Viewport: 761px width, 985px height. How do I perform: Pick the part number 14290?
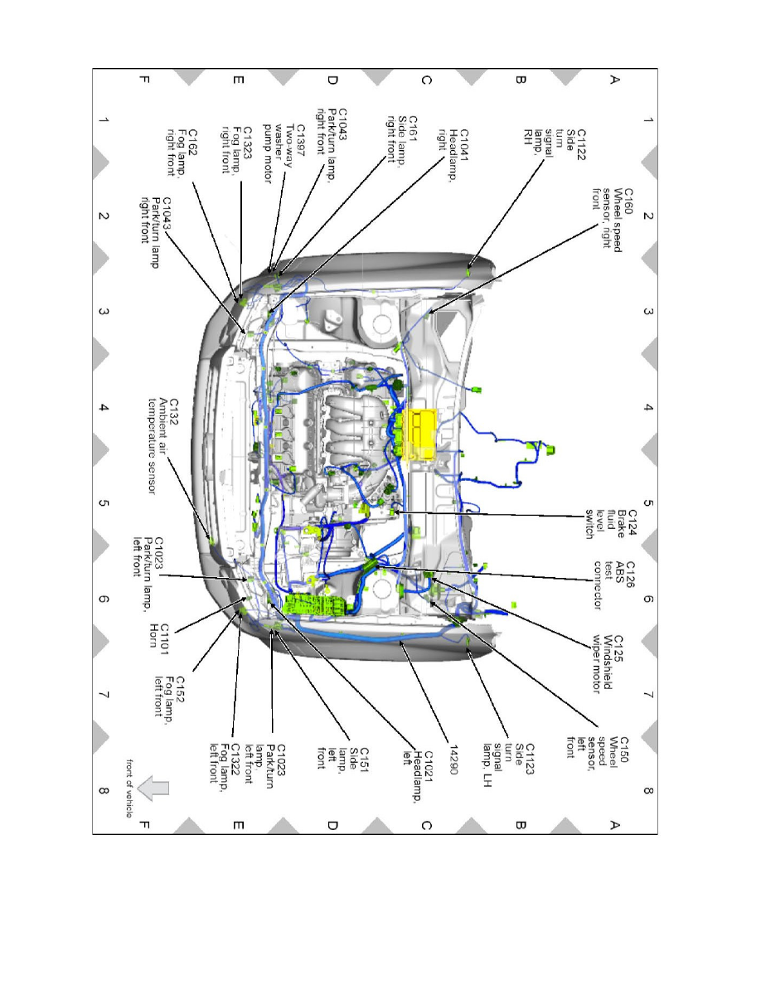point(455,746)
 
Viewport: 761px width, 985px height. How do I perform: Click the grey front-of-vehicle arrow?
point(153,789)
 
